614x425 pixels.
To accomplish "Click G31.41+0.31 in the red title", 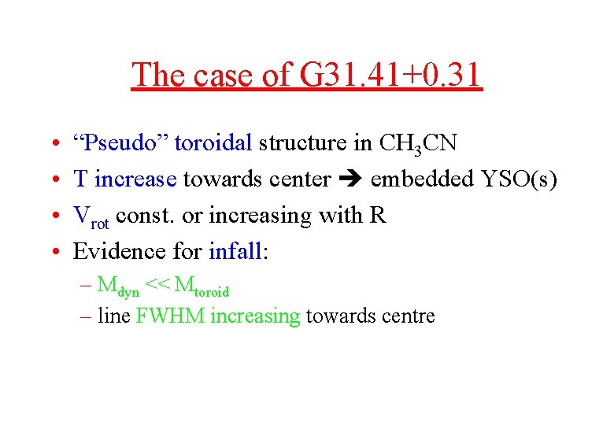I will pyautogui.click(x=390, y=76).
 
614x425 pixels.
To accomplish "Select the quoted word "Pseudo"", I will pyautogui.click(x=120, y=143).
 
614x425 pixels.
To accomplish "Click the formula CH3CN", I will pyautogui.click(x=418, y=144).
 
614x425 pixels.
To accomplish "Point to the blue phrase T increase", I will pyautogui.click(x=124, y=179).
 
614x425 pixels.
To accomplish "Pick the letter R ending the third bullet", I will pyautogui.click(x=377, y=216).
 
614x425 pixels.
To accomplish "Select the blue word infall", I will pyautogui.click(x=235, y=252).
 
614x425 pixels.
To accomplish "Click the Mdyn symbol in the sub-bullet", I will pyautogui.click(x=118, y=286).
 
